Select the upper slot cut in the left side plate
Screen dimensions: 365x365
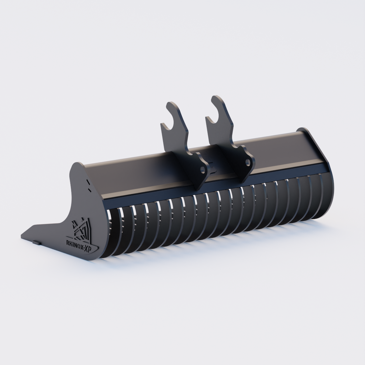[88, 182]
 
